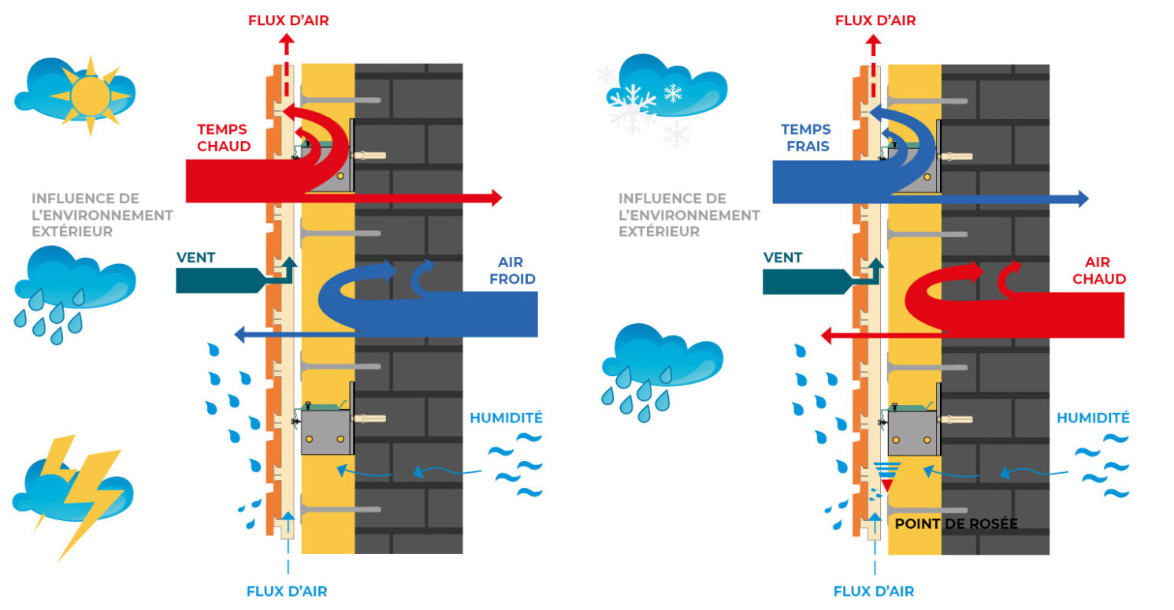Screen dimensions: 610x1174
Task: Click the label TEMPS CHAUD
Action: pos(224,137)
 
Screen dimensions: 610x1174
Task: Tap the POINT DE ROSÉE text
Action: pos(956,523)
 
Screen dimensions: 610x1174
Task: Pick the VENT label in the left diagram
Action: pos(196,257)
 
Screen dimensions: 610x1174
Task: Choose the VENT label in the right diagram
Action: pos(782,257)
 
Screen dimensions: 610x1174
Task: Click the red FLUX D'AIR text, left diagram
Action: pos(288,20)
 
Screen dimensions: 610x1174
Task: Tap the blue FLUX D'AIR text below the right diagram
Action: pos(874,591)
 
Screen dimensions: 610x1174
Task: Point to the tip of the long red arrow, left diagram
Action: pos(497,199)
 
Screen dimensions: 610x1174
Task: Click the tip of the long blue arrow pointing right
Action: pos(1084,199)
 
